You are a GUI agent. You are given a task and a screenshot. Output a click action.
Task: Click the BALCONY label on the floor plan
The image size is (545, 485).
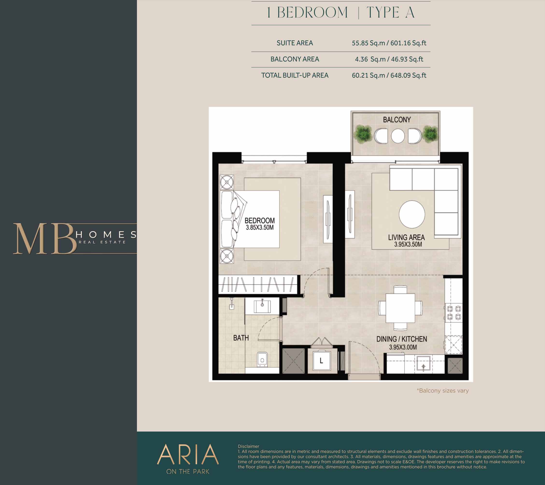click(x=397, y=120)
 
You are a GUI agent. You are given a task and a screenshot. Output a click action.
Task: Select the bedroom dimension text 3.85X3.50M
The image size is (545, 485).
click(x=259, y=228)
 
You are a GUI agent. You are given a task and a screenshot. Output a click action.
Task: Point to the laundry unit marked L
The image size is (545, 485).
click(x=321, y=361)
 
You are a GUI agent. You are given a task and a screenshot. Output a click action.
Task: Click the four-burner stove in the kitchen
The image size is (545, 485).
click(x=454, y=313)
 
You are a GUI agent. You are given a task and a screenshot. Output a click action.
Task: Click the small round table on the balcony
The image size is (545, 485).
click(x=397, y=136)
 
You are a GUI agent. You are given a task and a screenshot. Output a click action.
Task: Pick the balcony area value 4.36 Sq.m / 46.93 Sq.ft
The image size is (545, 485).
click(x=389, y=59)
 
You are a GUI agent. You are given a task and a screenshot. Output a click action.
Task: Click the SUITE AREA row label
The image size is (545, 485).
click(x=295, y=43)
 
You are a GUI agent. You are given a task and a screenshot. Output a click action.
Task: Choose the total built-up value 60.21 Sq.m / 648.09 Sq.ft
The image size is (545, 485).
click(x=389, y=75)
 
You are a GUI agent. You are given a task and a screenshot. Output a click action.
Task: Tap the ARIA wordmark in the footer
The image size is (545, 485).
click(x=188, y=454)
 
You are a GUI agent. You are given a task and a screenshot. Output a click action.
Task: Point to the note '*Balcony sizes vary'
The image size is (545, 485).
click(x=443, y=390)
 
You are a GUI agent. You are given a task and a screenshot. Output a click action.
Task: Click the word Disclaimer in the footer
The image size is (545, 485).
click(x=248, y=446)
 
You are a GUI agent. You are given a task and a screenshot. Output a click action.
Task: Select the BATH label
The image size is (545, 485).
click(x=241, y=338)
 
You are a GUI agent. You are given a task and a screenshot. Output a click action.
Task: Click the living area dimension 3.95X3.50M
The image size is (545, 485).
click(x=408, y=244)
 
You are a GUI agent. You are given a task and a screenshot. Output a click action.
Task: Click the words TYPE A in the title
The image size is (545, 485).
click(x=391, y=13)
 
